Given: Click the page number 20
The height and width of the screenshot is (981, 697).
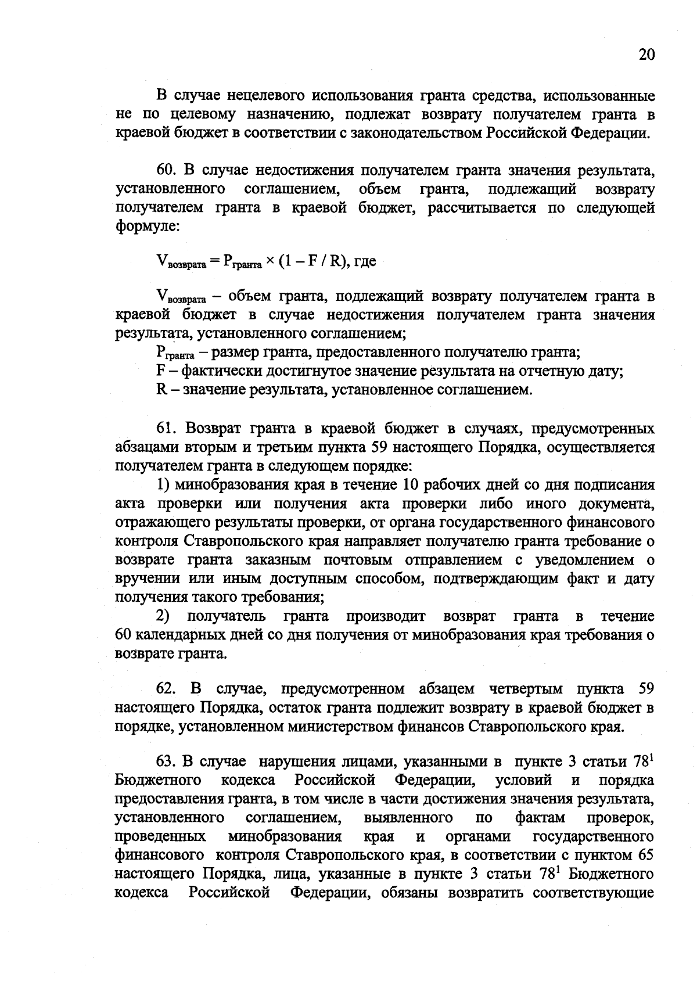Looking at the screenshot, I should (x=646, y=55).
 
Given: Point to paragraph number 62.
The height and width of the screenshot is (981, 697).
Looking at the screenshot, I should (x=166, y=689).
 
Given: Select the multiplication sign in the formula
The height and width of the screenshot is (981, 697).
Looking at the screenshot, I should (x=270, y=261).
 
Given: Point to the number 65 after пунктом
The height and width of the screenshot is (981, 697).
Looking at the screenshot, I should (x=645, y=856).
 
